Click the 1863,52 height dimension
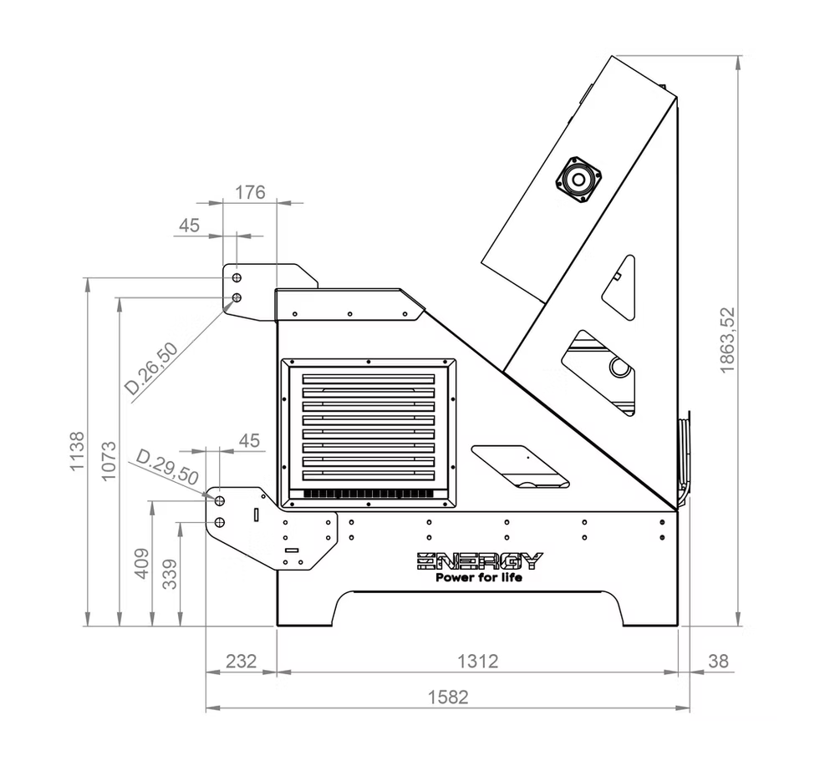[x=727, y=341]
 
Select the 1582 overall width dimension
[x=448, y=697]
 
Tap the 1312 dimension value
[x=477, y=661]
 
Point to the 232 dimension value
[x=242, y=661]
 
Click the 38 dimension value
[x=718, y=661]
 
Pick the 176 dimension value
[x=250, y=192]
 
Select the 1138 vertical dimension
[x=77, y=451]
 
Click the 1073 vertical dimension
[x=108, y=461]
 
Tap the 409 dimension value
[x=141, y=564]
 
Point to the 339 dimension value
[x=170, y=574]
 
